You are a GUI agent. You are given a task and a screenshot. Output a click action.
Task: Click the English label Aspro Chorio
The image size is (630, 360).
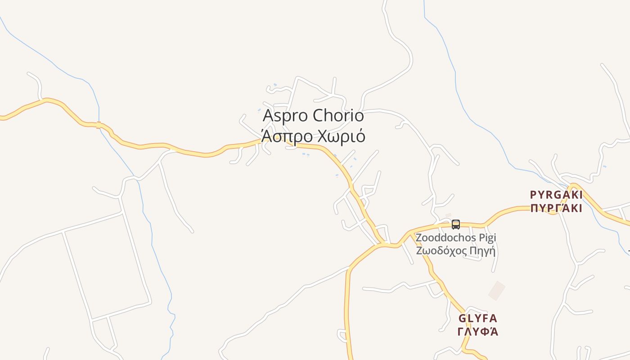point(313,116)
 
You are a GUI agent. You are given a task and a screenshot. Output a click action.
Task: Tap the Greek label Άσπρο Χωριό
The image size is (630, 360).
point(313,136)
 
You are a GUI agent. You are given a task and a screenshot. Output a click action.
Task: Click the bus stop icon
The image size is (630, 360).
point(456,224)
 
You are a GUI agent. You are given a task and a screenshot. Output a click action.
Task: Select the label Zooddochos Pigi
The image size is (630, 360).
point(455,238)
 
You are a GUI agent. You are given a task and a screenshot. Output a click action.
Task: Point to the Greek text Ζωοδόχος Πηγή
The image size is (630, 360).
point(455,251)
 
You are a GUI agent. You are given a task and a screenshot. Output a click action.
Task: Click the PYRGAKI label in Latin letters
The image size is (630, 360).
point(556,195)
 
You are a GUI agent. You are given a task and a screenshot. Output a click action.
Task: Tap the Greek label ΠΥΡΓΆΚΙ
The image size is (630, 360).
point(556,208)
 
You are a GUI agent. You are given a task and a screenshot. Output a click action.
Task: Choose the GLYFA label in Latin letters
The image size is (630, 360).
point(478,319)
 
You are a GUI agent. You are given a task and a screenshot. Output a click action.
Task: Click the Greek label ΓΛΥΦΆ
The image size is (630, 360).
point(478,332)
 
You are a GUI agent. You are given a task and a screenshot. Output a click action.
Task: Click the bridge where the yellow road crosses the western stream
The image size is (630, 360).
point(99,125)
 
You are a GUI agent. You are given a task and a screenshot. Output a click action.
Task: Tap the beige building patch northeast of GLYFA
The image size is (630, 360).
point(497,290)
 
